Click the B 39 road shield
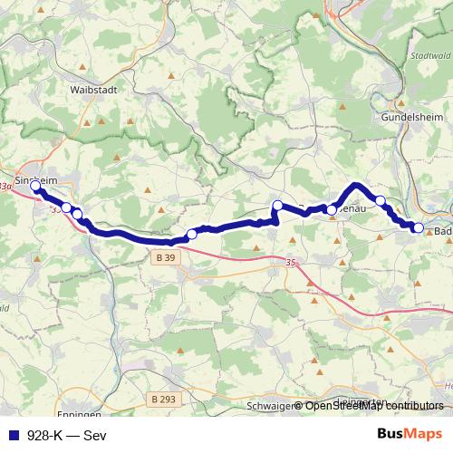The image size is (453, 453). pos(159,258)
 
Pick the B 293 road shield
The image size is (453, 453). pos(164,399)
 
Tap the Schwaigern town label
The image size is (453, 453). pos(270,407)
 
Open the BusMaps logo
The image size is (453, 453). pos(409,434)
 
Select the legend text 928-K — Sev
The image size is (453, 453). pos(66,434)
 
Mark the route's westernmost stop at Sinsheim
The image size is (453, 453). pos(36,187)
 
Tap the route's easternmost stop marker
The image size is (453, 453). pos(419,227)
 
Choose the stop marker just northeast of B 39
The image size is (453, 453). pos(191,235)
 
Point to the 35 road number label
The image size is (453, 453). pos(290,263)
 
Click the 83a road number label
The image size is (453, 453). pos(7,187)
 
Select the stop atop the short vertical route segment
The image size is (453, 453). pos(277,205)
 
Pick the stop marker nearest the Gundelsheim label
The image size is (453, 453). pos(381,200)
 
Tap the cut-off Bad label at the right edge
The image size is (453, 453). pos(443,231)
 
